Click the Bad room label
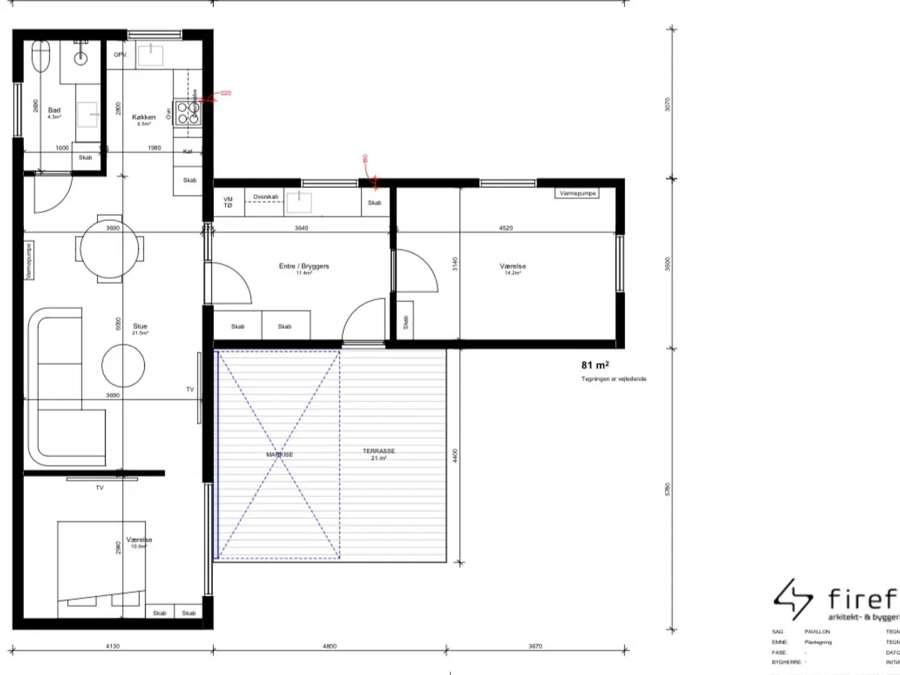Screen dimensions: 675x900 click(54, 110)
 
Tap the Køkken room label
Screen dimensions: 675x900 click(143, 118)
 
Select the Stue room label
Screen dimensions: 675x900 click(140, 327)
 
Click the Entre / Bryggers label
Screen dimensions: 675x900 click(304, 266)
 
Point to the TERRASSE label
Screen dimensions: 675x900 click(378, 451)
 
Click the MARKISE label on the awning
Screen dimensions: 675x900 click(279, 455)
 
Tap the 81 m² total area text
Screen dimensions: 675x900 click(595, 365)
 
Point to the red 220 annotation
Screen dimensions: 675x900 click(225, 93)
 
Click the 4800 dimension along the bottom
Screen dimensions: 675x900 click(329, 646)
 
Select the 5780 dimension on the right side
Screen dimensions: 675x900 click(668, 489)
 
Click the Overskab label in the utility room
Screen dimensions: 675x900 click(266, 198)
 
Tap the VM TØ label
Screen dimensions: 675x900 click(228, 202)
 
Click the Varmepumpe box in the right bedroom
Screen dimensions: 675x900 click(578, 193)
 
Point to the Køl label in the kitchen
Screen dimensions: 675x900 click(187, 152)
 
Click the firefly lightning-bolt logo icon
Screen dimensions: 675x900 click(793, 600)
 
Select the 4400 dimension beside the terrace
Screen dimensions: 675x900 click(456, 456)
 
